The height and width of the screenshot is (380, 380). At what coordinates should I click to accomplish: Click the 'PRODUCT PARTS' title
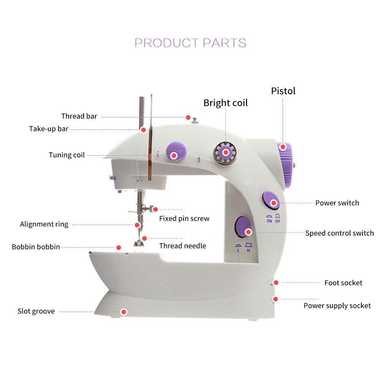coord(190,43)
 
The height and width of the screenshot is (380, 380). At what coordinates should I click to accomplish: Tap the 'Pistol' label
coord(283,91)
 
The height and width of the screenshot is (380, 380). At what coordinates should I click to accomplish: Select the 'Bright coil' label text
coord(225,103)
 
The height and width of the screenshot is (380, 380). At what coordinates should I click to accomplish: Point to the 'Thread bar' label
coord(79,116)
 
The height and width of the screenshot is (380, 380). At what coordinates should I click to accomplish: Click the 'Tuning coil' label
coord(66,155)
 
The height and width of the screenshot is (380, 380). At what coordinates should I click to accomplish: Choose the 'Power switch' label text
coord(337,203)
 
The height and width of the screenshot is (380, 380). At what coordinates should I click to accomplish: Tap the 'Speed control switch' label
coord(339,233)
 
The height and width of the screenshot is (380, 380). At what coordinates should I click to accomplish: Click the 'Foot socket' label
coord(343,283)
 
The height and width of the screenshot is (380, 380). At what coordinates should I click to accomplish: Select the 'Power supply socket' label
coord(337,306)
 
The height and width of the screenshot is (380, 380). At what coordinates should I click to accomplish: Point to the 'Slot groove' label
coord(36,312)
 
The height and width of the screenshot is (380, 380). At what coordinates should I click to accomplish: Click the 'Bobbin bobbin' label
coord(36,247)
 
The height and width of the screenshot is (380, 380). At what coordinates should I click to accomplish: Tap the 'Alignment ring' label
coord(44,224)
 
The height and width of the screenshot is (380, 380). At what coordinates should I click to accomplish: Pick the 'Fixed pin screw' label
coord(184,218)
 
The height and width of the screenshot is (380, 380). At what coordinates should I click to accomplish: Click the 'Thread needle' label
coord(183,246)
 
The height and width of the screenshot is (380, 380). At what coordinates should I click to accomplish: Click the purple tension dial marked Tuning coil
coord(176,152)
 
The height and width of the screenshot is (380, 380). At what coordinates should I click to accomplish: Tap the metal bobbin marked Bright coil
coord(225,152)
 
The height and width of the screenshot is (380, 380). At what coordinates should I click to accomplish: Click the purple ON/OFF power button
coord(271,200)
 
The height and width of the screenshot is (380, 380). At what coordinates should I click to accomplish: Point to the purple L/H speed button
coord(242,227)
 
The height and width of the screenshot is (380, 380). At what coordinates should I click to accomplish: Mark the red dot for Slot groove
coord(123,312)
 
